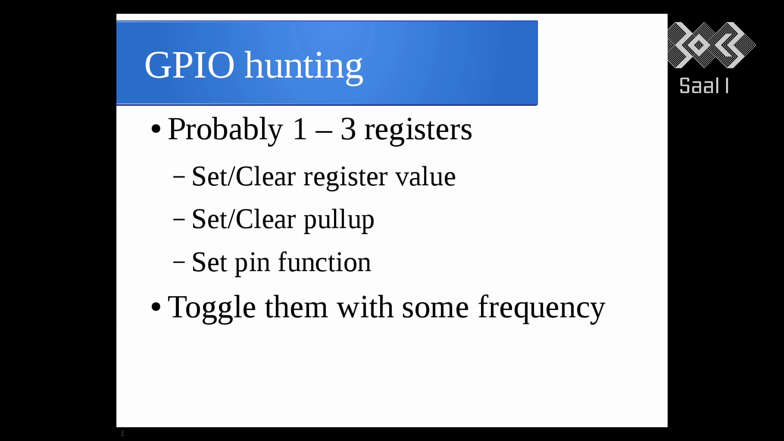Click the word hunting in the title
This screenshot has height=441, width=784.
point(303,67)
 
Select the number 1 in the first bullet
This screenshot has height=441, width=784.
point(300,129)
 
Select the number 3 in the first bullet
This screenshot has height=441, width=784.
point(348,129)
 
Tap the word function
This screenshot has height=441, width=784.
point(325,262)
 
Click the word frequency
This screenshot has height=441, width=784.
point(541,309)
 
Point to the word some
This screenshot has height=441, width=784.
point(435,309)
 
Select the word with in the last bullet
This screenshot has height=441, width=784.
point(365,307)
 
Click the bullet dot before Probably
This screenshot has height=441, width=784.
point(156,129)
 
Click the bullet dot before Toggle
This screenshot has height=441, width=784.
point(156,307)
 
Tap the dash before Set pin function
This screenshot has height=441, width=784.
point(179,262)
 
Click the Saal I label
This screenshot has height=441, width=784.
point(704,86)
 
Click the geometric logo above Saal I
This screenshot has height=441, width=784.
point(711,45)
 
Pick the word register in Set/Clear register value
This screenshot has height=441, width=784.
point(345,178)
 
